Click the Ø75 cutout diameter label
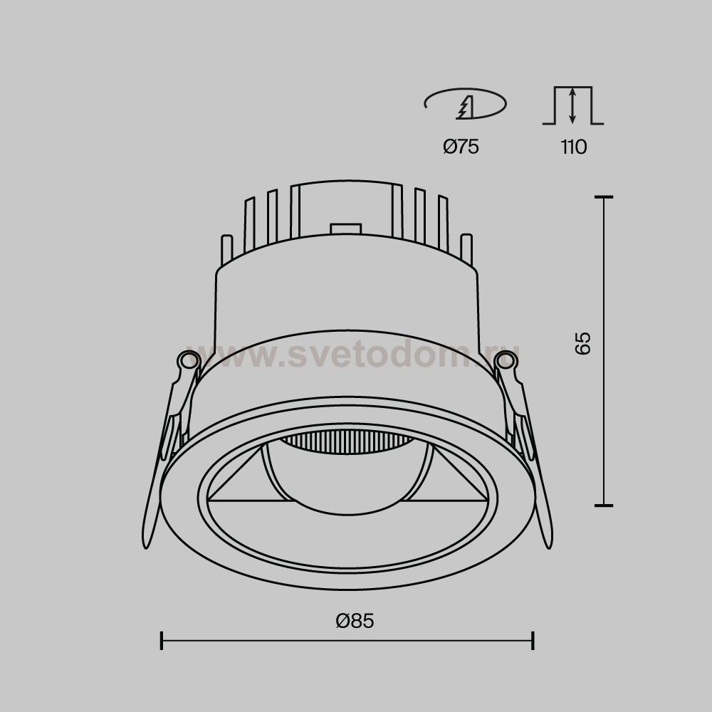[461, 147]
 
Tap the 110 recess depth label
[573, 147]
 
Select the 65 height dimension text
[582, 343]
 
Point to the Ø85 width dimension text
[355, 621]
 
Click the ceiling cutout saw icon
[465, 104]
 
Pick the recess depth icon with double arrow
[573, 105]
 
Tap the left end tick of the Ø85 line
[162, 640]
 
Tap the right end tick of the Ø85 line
[533, 640]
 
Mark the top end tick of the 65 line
[604, 197]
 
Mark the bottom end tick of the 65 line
[604, 505]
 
